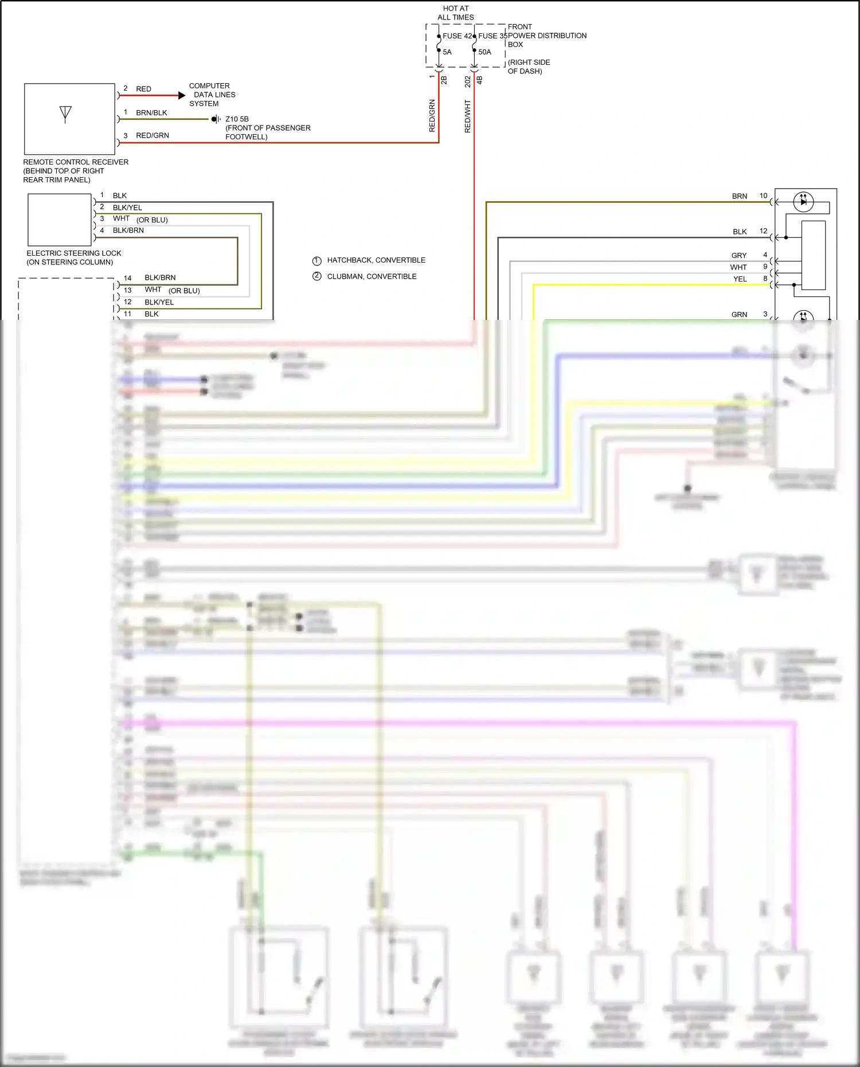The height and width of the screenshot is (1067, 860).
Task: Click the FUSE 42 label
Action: coord(456,36)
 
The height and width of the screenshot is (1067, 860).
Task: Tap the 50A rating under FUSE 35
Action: coord(484,52)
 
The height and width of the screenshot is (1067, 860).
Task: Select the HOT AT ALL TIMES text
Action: coord(456,13)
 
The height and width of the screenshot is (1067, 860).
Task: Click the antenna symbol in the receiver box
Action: coord(65,114)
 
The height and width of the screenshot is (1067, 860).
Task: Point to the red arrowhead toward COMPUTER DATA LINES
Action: coord(182,96)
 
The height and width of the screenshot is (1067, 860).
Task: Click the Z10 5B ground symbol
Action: coord(216,119)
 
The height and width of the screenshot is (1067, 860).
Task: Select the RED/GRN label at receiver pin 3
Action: coord(152,136)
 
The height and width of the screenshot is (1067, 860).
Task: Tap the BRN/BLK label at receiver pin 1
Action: coord(151,113)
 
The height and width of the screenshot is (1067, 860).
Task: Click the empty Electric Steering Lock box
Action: coord(60,220)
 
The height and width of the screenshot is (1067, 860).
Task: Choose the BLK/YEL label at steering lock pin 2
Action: coord(127,208)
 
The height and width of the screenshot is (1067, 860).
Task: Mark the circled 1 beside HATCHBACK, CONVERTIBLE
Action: coord(316,260)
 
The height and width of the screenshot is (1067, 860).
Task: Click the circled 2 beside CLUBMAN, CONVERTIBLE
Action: coord(316,276)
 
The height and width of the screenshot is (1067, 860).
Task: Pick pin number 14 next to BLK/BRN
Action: coord(127,278)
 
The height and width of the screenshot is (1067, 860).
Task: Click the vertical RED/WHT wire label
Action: coord(467,116)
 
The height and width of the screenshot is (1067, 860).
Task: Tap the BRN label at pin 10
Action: coord(739,196)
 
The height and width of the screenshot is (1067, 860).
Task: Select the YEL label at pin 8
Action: coord(740,279)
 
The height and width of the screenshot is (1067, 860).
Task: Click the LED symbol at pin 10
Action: coord(803,202)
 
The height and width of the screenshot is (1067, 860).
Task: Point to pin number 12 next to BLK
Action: coord(763,231)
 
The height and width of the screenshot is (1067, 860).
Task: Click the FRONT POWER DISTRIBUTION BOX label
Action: coord(547,36)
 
